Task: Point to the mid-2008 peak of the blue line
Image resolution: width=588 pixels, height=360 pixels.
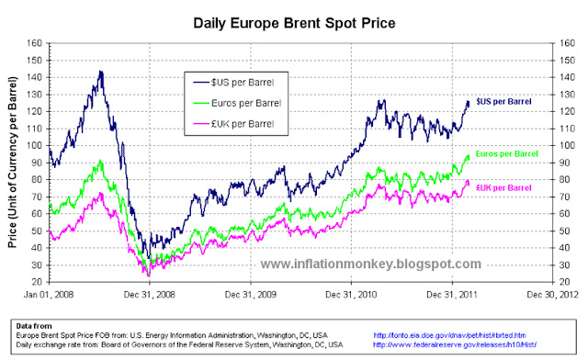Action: click(101, 72)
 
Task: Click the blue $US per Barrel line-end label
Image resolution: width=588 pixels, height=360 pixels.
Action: click(504, 101)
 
